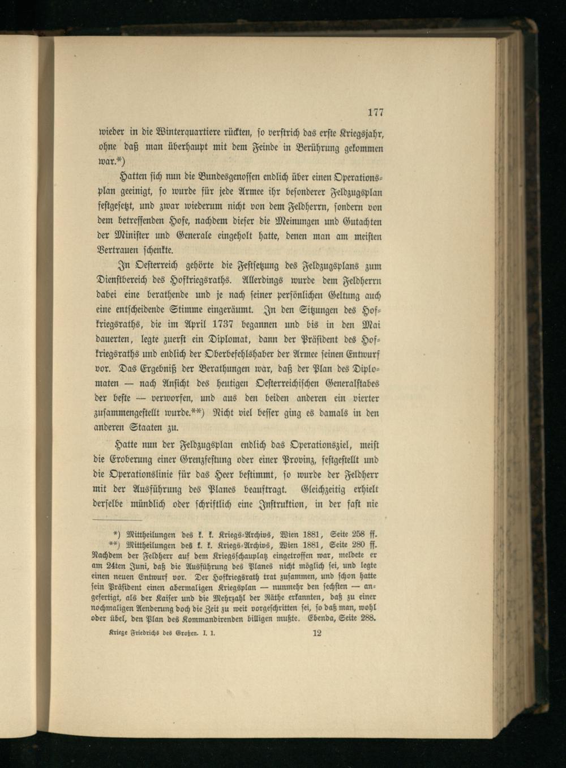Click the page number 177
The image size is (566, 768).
[375, 113]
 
